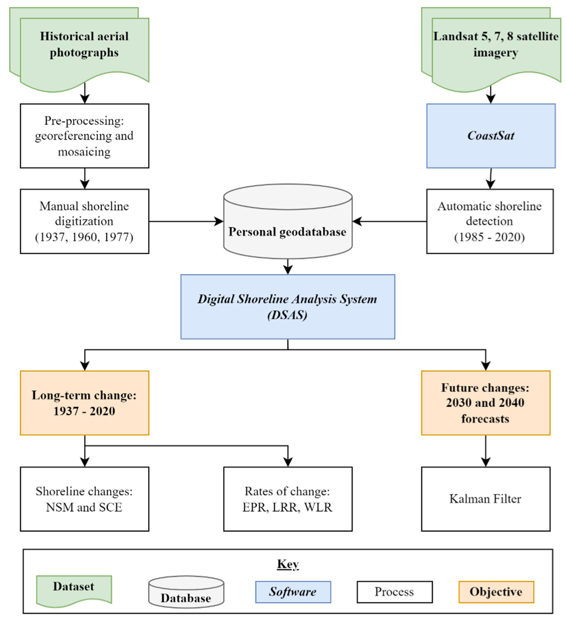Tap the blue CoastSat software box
pos(491,136)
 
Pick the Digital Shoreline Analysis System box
pos(288,307)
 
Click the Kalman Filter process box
pos(485,499)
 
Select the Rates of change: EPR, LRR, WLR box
pos(288,499)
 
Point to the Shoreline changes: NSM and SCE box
pos(84,499)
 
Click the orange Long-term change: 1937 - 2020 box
pos(84,403)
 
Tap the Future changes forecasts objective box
pos(485,403)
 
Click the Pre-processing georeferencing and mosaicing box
pos(84,136)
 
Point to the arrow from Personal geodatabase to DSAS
pos(288,266)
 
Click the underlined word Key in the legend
pos(288,564)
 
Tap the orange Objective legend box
pos(496,592)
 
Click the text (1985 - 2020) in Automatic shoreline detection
pos(489,237)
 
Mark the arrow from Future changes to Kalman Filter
pos(486,451)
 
